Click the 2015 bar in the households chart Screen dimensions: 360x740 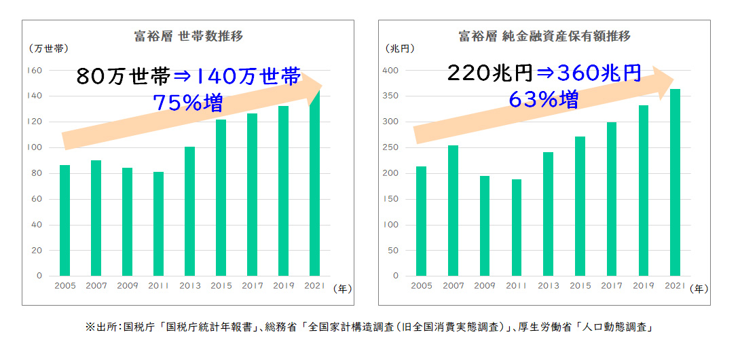pyautogui.click(x=221, y=197)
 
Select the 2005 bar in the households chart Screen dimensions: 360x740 pyautogui.click(x=64, y=220)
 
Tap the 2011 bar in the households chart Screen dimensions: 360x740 pyautogui.click(x=158, y=223)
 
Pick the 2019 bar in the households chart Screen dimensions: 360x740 pyautogui.click(x=283, y=190)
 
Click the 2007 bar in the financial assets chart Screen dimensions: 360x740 pyautogui.click(x=454, y=211)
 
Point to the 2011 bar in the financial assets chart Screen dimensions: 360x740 pyautogui.click(x=517, y=228)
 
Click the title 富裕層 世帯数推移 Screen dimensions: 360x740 pyautogui.click(x=189, y=37)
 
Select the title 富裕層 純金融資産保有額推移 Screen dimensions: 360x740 pyautogui.click(x=544, y=37)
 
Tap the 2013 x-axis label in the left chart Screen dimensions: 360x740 pyautogui.click(x=189, y=287)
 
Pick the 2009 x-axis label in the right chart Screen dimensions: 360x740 pyautogui.click(x=485, y=287)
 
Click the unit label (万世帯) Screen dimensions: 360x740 pyautogui.click(x=48, y=49)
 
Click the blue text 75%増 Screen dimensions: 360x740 pyautogui.click(x=187, y=103)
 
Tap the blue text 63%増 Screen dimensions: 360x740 pyautogui.click(x=543, y=100)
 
